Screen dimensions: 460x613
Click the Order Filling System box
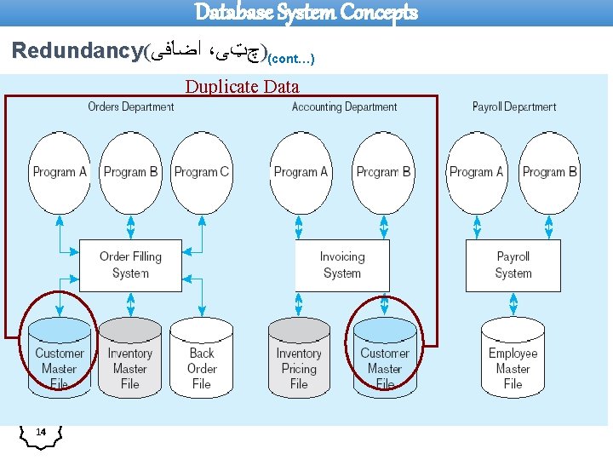pos(130,265)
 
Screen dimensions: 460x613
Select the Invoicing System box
pos(342,265)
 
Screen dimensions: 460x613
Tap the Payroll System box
pos(513,265)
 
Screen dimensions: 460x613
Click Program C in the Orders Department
pos(202,171)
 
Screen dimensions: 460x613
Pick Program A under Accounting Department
pos(301,171)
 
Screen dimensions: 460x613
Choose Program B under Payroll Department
pos(549,171)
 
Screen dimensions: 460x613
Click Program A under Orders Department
pos(60,171)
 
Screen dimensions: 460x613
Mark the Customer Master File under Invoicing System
pos(385,358)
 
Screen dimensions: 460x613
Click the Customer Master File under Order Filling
pos(60,358)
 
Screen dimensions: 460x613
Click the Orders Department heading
pos(130,106)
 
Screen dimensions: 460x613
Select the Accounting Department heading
pos(344,106)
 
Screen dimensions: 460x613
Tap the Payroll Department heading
pos(514,106)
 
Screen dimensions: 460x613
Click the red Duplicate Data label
pos(242,86)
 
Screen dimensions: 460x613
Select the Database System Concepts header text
pos(306,12)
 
